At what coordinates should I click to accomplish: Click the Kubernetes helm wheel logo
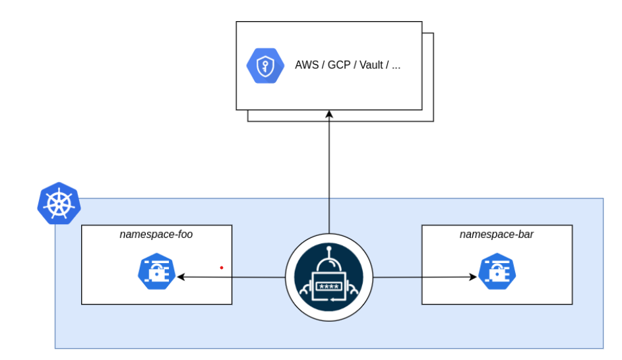click(x=58, y=202)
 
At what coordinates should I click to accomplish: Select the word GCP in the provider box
click(x=338, y=66)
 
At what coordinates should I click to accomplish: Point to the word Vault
click(x=372, y=66)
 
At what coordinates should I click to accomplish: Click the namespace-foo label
click(x=156, y=235)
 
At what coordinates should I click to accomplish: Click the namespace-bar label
click(x=497, y=235)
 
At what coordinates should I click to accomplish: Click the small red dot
click(x=222, y=268)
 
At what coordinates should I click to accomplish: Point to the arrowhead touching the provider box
click(x=329, y=115)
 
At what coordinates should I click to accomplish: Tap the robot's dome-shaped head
click(x=328, y=267)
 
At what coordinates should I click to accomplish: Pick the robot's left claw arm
click(x=304, y=289)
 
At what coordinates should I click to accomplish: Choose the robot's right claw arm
click(x=354, y=289)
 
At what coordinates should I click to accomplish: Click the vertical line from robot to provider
click(x=329, y=178)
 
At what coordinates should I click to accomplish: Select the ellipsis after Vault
click(x=396, y=66)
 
